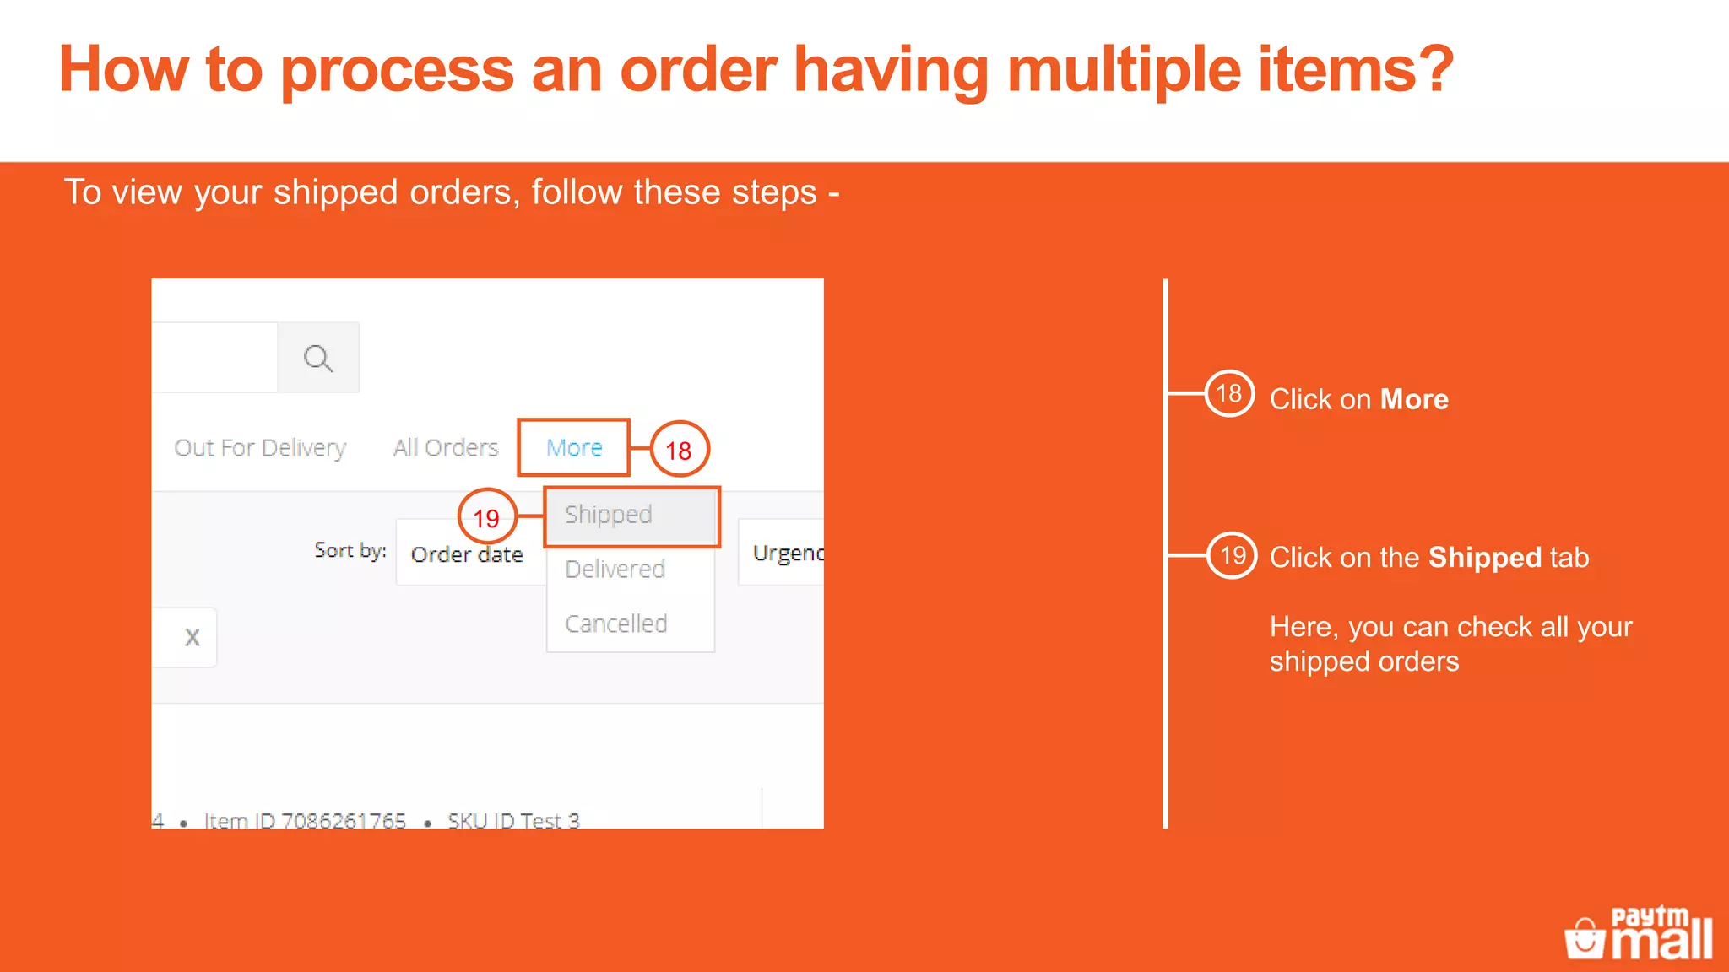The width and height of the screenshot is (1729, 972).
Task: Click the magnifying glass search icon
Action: click(x=318, y=358)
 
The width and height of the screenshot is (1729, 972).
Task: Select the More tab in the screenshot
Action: click(x=574, y=447)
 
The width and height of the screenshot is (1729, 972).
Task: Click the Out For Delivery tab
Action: click(x=260, y=447)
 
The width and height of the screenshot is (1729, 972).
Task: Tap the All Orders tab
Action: click(x=446, y=447)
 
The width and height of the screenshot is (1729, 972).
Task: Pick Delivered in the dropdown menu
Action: click(x=615, y=570)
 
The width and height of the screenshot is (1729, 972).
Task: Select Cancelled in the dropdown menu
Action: click(x=616, y=624)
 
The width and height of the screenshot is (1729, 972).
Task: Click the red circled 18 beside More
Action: click(x=679, y=450)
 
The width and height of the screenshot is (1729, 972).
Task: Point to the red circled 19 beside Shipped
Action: click(x=486, y=517)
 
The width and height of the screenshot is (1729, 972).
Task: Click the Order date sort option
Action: click(x=468, y=554)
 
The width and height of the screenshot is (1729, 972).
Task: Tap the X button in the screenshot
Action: click(x=192, y=638)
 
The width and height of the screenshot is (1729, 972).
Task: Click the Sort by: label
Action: click(x=350, y=550)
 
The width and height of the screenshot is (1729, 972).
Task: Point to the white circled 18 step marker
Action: click(x=1228, y=393)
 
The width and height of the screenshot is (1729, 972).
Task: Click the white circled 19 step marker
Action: click(x=1232, y=555)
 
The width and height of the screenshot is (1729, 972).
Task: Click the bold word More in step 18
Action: click(x=1414, y=399)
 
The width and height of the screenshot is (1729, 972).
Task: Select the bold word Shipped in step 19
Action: click(x=1484, y=558)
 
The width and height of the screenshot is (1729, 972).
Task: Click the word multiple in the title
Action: click(x=1125, y=70)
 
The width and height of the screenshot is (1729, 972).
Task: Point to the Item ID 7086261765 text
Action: click(x=305, y=820)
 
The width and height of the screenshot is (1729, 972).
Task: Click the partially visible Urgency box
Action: click(x=785, y=553)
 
